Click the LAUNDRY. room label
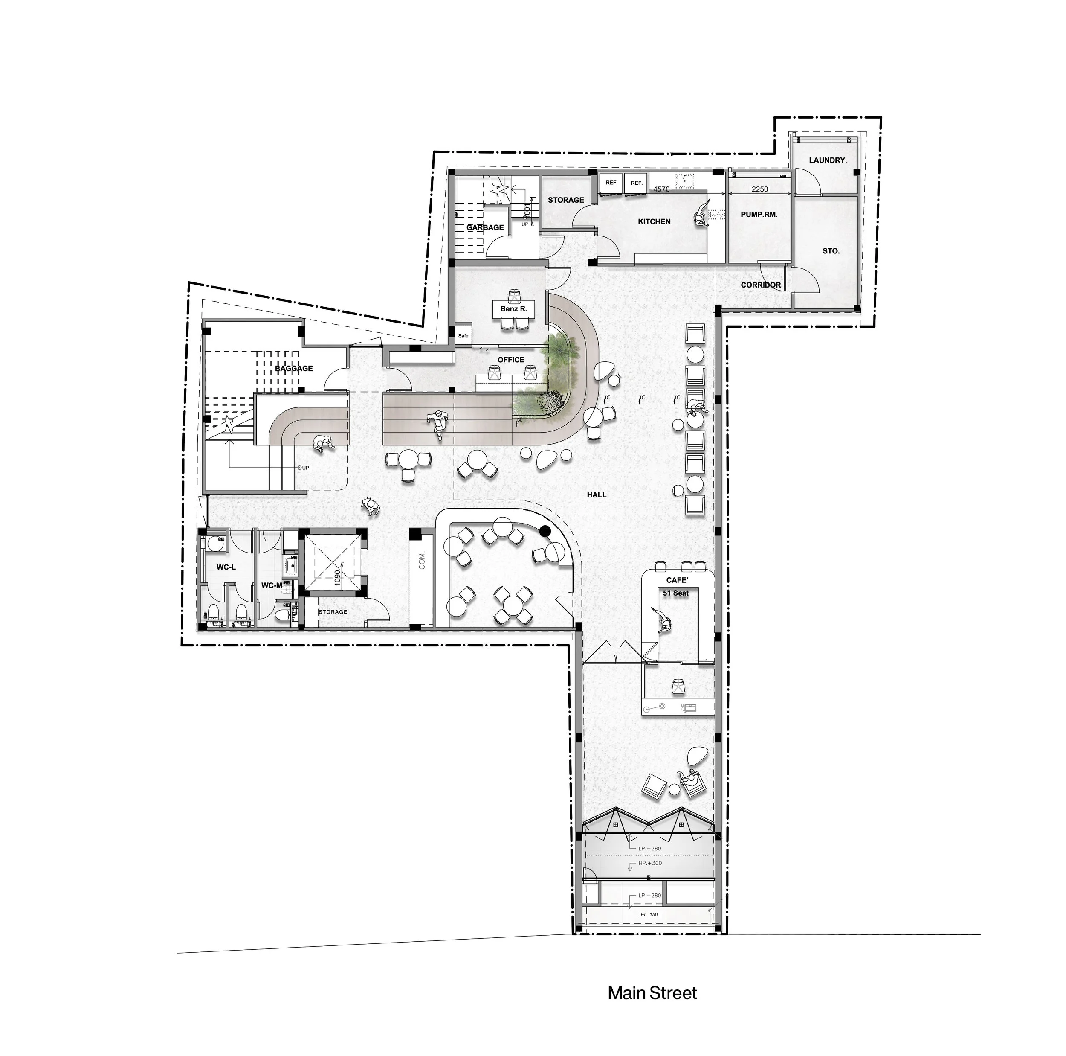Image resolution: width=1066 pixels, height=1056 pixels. point(827,160)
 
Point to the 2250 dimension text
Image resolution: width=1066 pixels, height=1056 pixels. point(759,189)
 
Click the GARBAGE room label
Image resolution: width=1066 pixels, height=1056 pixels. point(485,227)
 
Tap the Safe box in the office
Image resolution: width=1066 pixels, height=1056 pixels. point(463,336)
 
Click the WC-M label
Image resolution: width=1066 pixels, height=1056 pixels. point(272,585)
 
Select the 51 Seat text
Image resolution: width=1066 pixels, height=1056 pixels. point(676,593)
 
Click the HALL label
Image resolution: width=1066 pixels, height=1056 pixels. point(597,495)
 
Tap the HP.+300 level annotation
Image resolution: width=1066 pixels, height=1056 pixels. point(649,863)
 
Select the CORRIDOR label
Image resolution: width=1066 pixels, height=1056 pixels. point(760,285)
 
